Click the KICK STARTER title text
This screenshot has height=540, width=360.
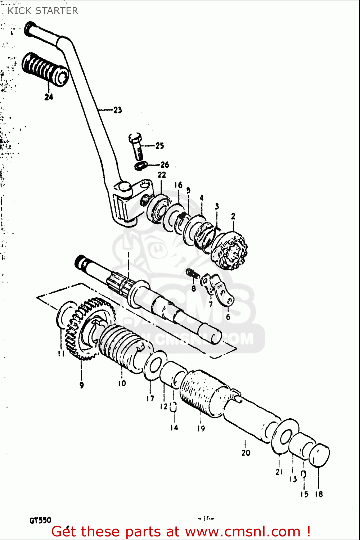click(42, 11)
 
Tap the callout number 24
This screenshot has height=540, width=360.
click(49, 97)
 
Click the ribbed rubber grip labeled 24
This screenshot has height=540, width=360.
click(45, 69)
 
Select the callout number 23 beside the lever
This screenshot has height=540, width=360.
click(118, 110)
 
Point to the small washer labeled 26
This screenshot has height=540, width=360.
click(141, 166)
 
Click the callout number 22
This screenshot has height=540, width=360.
click(162, 175)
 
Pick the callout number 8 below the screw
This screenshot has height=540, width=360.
click(194, 288)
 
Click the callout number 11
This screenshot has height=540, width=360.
click(61, 354)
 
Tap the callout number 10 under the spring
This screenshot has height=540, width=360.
click(122, 383)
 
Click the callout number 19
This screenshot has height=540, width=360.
click(201, 428)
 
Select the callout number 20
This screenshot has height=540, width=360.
click(246, 453)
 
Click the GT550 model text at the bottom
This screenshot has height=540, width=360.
click(40, 520)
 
